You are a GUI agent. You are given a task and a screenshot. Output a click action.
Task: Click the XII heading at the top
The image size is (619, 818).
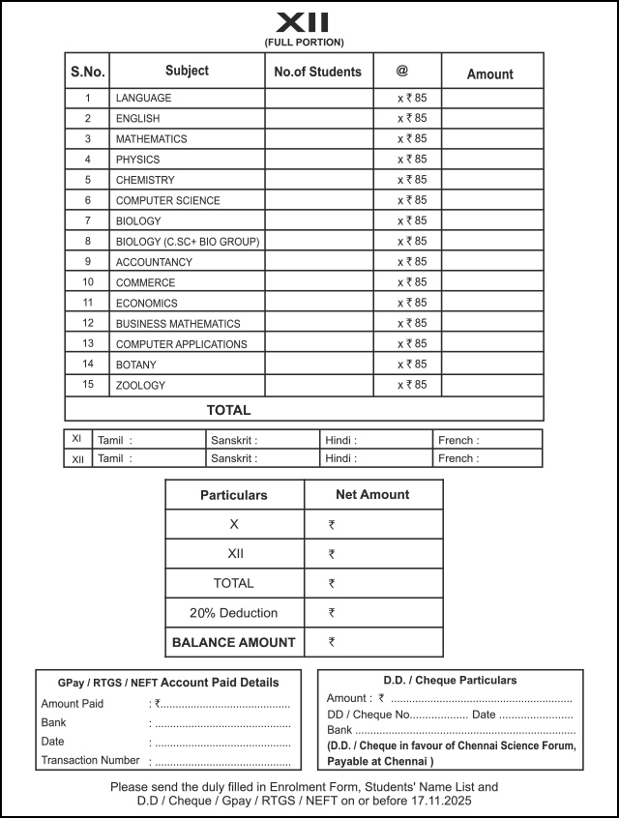pos(303,22)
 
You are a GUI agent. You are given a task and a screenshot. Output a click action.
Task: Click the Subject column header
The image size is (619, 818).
pos(187,71)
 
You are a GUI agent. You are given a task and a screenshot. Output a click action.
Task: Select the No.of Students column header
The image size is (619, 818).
pos(317,72)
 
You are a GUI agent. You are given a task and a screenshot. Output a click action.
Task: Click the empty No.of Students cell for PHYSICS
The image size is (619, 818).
pos(318,160)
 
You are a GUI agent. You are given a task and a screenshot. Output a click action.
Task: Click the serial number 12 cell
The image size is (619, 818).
pos(88,323)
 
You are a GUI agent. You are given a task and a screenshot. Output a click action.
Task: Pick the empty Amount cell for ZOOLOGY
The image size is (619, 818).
pos(491,385)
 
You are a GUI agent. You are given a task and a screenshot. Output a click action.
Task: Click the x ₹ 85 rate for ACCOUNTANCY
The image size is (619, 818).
pos(412,262)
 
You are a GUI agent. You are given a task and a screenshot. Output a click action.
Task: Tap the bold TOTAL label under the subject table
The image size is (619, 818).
pos(228,410)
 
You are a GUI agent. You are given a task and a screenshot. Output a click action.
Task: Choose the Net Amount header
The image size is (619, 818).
pos(372,494)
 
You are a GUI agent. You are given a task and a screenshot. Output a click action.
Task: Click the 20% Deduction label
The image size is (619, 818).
pos(233,613)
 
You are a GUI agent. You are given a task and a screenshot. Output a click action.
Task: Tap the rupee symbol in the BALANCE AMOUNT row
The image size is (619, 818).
pos(332,642)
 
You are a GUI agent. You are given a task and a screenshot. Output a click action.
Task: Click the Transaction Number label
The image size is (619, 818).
pos(90,761)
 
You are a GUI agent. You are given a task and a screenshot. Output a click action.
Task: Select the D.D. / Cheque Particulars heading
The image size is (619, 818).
pos(450,681)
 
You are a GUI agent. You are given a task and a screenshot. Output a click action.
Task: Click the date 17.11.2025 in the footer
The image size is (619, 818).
pos(442,802)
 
